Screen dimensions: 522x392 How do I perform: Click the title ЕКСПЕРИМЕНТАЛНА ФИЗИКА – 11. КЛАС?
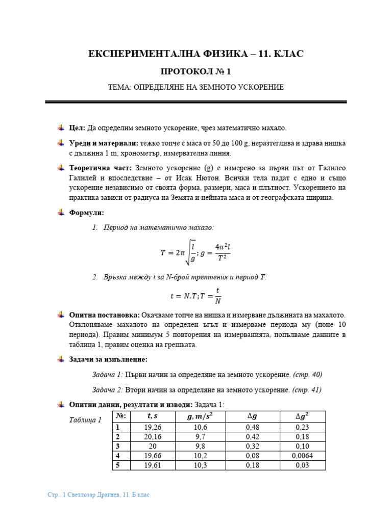click(196, 54)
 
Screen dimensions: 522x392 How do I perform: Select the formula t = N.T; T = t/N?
click(196, 295)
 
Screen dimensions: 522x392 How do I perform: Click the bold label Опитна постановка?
click(105, 316)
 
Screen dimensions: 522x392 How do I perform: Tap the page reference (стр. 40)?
click(308, 375)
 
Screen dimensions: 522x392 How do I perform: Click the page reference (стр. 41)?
click(307, 390)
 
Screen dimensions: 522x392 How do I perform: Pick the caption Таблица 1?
click(85, 420)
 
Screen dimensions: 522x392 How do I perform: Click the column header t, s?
click(153, 416)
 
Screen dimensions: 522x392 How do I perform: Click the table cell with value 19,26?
click(153, 427)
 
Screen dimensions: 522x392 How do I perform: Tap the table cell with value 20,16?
click(153, 436)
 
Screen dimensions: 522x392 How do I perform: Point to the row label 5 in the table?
click(118, 465)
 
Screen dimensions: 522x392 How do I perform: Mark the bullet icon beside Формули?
click(60, 213)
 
